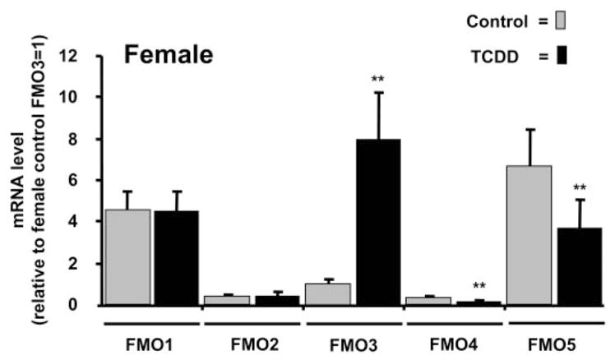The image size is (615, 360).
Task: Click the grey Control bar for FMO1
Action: point(127,257)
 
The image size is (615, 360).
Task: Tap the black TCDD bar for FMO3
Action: point(377,222)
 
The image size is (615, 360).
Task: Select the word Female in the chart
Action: point(168,57)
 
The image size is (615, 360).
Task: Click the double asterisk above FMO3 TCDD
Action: point(377,80)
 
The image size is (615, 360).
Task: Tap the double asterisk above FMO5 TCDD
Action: point(579,187)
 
